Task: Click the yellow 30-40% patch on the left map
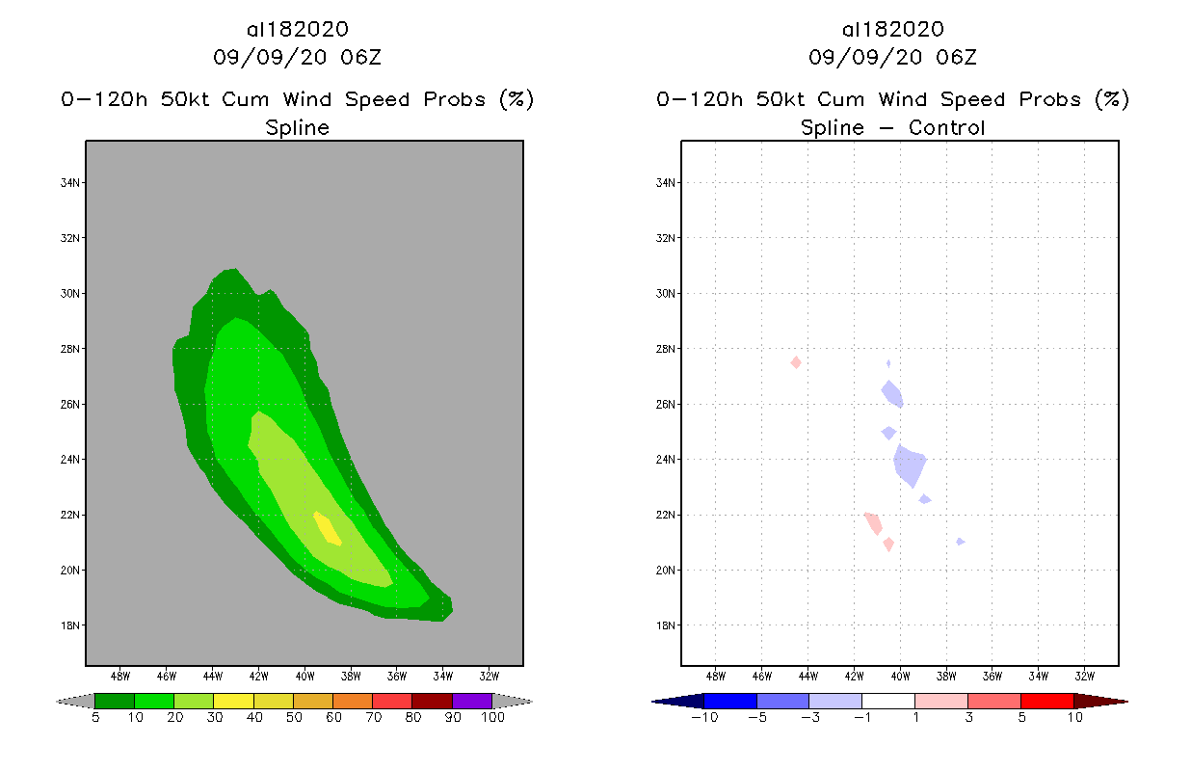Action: coord(328,528)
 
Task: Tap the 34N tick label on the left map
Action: coord(70,183)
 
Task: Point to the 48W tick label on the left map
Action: coord(120,675)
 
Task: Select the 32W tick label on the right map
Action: coord(1084,675)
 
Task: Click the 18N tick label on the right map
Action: coord(666,625)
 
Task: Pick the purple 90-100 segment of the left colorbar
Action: coord(472,701)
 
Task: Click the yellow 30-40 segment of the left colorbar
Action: coord(233,701)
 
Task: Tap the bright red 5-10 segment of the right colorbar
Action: coord(1046,701)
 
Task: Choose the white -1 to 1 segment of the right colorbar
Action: coord(887,701)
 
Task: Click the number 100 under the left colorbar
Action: coord(492,718)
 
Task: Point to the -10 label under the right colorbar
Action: coord(703,718)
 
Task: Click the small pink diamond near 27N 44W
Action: coord(796,362)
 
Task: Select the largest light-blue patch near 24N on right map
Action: coord(910,465)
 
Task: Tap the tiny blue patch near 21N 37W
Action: coord(960,542)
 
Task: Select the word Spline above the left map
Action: coord(297,128)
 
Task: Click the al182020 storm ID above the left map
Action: coord(297,30)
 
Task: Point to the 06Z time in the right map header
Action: coord(956,58)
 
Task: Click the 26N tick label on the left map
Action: coord(70,405)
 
